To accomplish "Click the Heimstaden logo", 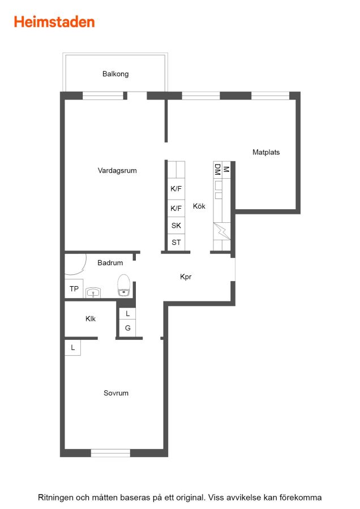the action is click(54, 22).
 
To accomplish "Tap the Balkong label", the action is click(115, 74).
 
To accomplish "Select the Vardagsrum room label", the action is click(117, 171).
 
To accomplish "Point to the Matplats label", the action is click(266, 152).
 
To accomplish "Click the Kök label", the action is click(199, 206).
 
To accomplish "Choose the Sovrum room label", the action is click(116, 393).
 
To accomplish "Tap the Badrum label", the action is click(110, 262).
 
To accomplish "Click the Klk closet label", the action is click(91, 319).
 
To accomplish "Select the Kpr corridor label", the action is click(186, 277).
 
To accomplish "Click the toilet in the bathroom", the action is click(124, 286).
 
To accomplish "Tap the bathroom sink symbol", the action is click(93, 293).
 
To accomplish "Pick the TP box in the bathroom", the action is click(74, 288).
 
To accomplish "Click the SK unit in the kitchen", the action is click(176, 225).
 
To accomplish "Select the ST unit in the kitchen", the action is click(176, 242).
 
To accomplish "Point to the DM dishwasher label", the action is click(217, 170).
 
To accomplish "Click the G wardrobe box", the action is click(128, 328).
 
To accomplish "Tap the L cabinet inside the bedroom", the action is click(73, 347).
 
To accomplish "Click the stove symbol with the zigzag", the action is click(222, 231).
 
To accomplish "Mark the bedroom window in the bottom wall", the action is click(110, 453).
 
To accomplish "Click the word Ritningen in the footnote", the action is click(56, 498).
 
